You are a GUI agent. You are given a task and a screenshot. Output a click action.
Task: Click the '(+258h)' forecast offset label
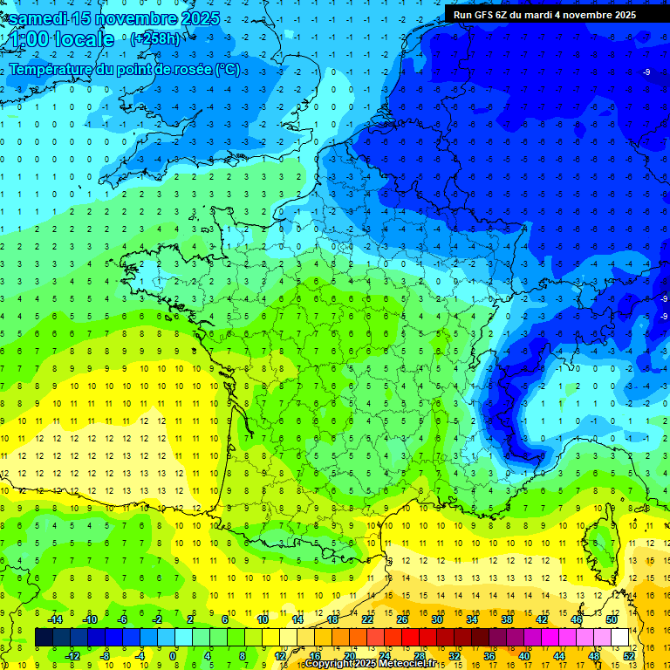(x=154, y=39)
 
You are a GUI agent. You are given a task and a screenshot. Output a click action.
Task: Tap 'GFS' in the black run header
(x=491, y=15)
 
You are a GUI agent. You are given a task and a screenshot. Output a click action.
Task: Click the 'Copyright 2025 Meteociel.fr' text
(x=371, y=664)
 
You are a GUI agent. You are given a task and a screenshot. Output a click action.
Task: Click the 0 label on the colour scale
(x=173, y=655)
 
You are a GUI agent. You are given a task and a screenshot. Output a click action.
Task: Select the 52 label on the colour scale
(x=629, y=655)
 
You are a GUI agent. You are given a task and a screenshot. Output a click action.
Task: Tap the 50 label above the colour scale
(x=612, y=619)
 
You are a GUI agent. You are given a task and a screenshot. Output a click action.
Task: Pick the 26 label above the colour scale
(x=402, y=619)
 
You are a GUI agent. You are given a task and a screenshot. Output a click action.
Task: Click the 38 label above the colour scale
(x=507, y=619)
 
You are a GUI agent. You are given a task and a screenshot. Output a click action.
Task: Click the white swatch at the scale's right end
(x=620, y=637)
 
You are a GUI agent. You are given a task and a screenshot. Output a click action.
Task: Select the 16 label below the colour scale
(x=315, y=655)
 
